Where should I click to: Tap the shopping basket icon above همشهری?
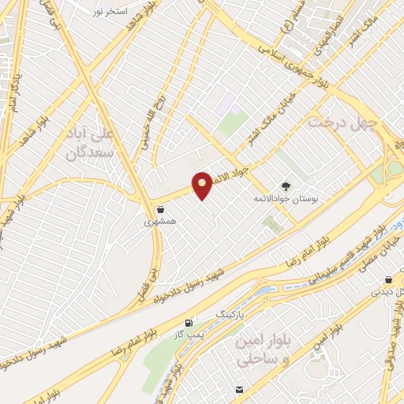(x=161, y=210)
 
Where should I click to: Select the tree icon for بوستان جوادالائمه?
(x=286, y=187)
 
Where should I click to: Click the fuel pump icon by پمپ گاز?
(x=188, y=324)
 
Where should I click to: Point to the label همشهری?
(x=156, y=224)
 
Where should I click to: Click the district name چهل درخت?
(x=342, y=122)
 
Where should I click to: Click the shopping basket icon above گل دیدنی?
(x=388, y=280)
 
